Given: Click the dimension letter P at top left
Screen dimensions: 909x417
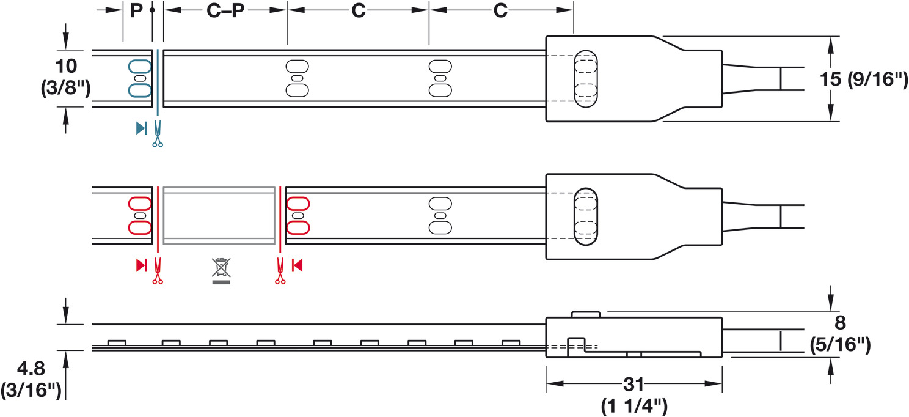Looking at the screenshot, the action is [136, 10].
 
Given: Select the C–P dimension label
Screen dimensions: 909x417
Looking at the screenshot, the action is [225, 10].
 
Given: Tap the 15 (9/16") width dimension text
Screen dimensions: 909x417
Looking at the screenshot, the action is [864, 79].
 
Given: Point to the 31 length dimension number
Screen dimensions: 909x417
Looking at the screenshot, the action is [634, 384].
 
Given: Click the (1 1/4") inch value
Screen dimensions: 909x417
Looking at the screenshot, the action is [634, 406].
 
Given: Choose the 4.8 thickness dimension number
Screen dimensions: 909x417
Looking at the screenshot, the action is [31, 369].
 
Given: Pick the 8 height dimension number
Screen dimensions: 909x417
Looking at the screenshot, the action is [840, 323].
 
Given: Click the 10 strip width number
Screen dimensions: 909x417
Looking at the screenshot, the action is [66, 66].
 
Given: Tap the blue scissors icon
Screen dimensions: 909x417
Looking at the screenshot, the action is [158, 133].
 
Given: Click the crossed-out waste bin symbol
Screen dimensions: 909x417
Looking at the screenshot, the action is [221, 270].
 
